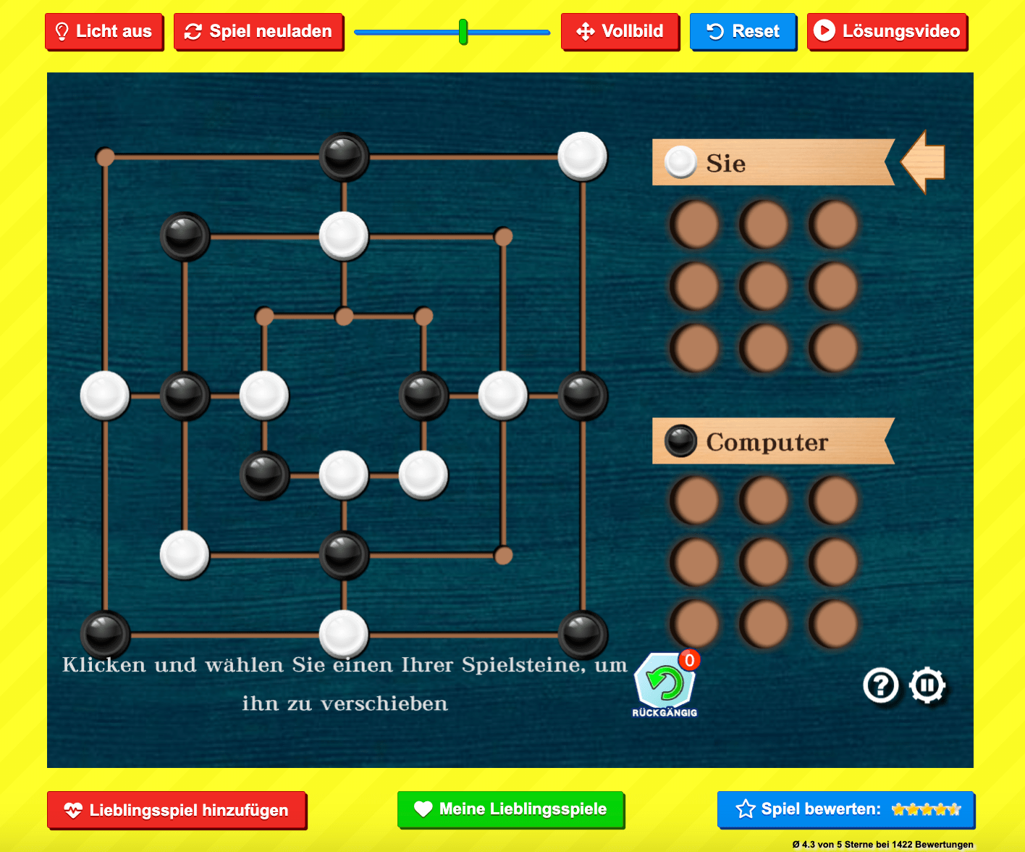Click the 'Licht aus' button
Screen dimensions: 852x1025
[x=104, y=32]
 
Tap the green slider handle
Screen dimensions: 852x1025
[x=463, y=32]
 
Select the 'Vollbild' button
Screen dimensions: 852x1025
[x=620, y=32]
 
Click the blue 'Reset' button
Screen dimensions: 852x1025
[x=743, y=32]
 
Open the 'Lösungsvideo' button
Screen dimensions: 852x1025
[x=887, y=32]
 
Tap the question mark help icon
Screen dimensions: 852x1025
[x=881, y=685]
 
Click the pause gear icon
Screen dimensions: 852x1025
[x=927, y=685]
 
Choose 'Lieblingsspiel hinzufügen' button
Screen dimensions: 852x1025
[x=177, y=810]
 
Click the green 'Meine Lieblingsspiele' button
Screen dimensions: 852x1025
[x=510, y=809]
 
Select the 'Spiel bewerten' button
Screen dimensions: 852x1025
[x=845, y=809]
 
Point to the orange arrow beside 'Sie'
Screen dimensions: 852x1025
[x=924, y=162]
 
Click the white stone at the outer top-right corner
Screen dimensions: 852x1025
[x=583, y=156]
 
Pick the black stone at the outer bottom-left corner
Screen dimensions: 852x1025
[x=105, y=635]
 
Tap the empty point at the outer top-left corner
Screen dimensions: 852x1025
[x=106, y=156]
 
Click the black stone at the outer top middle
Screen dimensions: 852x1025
[x=344, y=156]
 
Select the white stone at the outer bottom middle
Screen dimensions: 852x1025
[x=344, y=635]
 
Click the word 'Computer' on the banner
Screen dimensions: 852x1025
[x=767, y=442]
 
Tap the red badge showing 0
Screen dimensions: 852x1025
[x=689, y=660]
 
